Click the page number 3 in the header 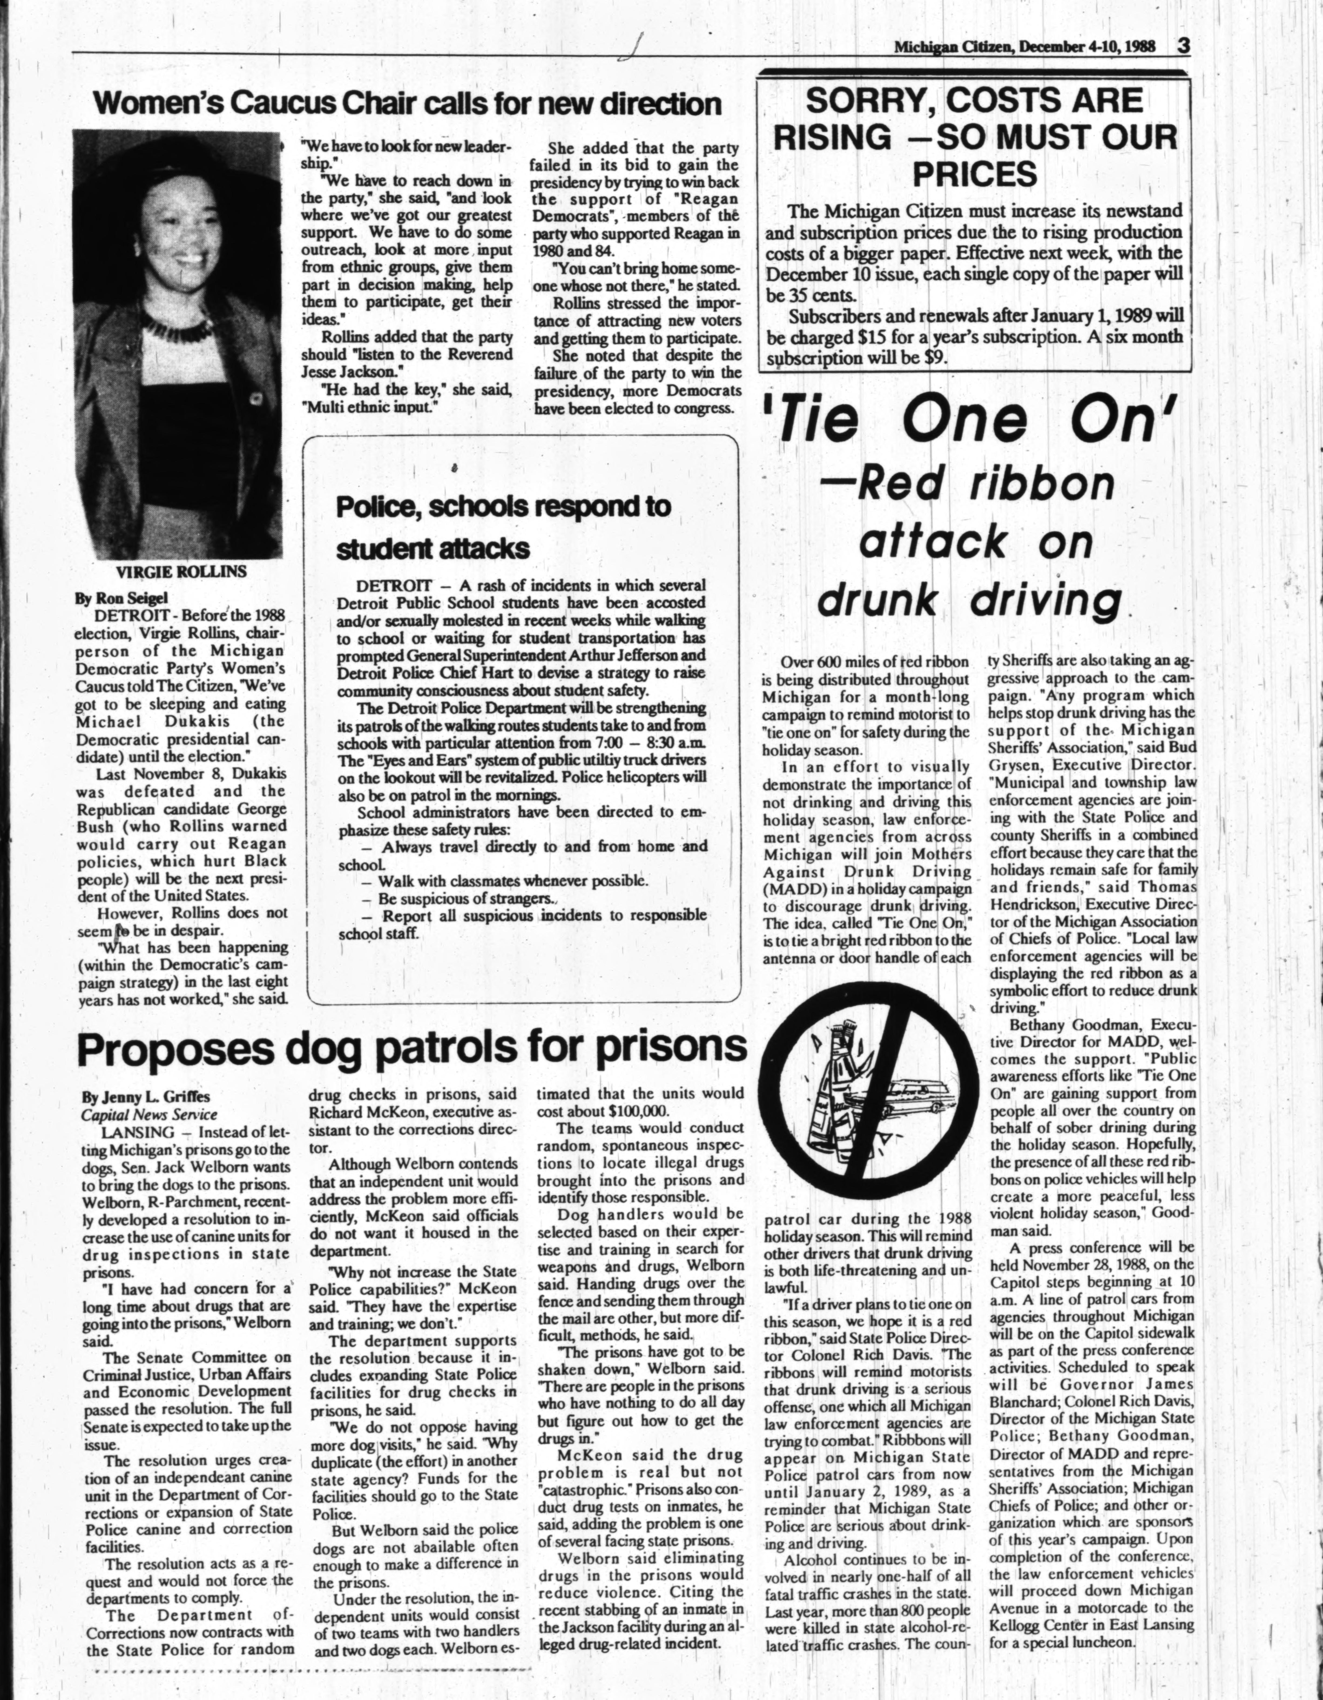point(1184,45)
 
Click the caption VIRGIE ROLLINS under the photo point(181,571)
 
